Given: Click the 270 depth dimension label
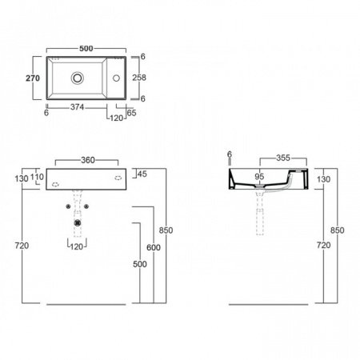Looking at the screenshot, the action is pos(33,78).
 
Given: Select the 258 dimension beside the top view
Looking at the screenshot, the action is pos(139,78).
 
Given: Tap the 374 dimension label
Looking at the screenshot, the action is pos(77,107).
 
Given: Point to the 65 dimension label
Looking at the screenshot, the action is pos(131,113).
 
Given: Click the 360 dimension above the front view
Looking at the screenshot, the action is pos(88,160).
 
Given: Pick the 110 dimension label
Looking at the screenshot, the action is pos(37,177).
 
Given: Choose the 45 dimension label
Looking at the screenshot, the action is pos(142,174).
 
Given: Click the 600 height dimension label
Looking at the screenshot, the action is pos(154,247).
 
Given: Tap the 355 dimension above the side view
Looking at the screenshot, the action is pos(283,158).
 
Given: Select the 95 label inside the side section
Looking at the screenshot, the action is pos(259,176).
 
